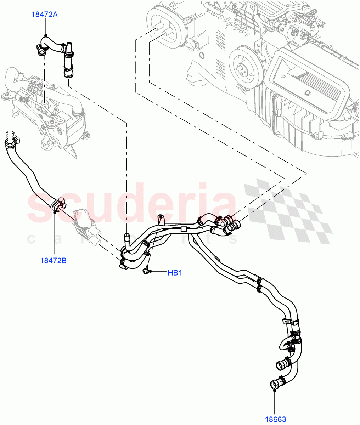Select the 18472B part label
pyautogui.click(x=54, y=261)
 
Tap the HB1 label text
pyautogui.click(x=175, y=273)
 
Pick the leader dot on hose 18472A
pyautogui.click(x=46, y=35)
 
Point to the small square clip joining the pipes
pyautogui.click(x=183, y=229)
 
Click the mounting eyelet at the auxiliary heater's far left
pyautogui.click(x=5, y=97)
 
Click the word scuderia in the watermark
pyautogui.click(x=131, y=205)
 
